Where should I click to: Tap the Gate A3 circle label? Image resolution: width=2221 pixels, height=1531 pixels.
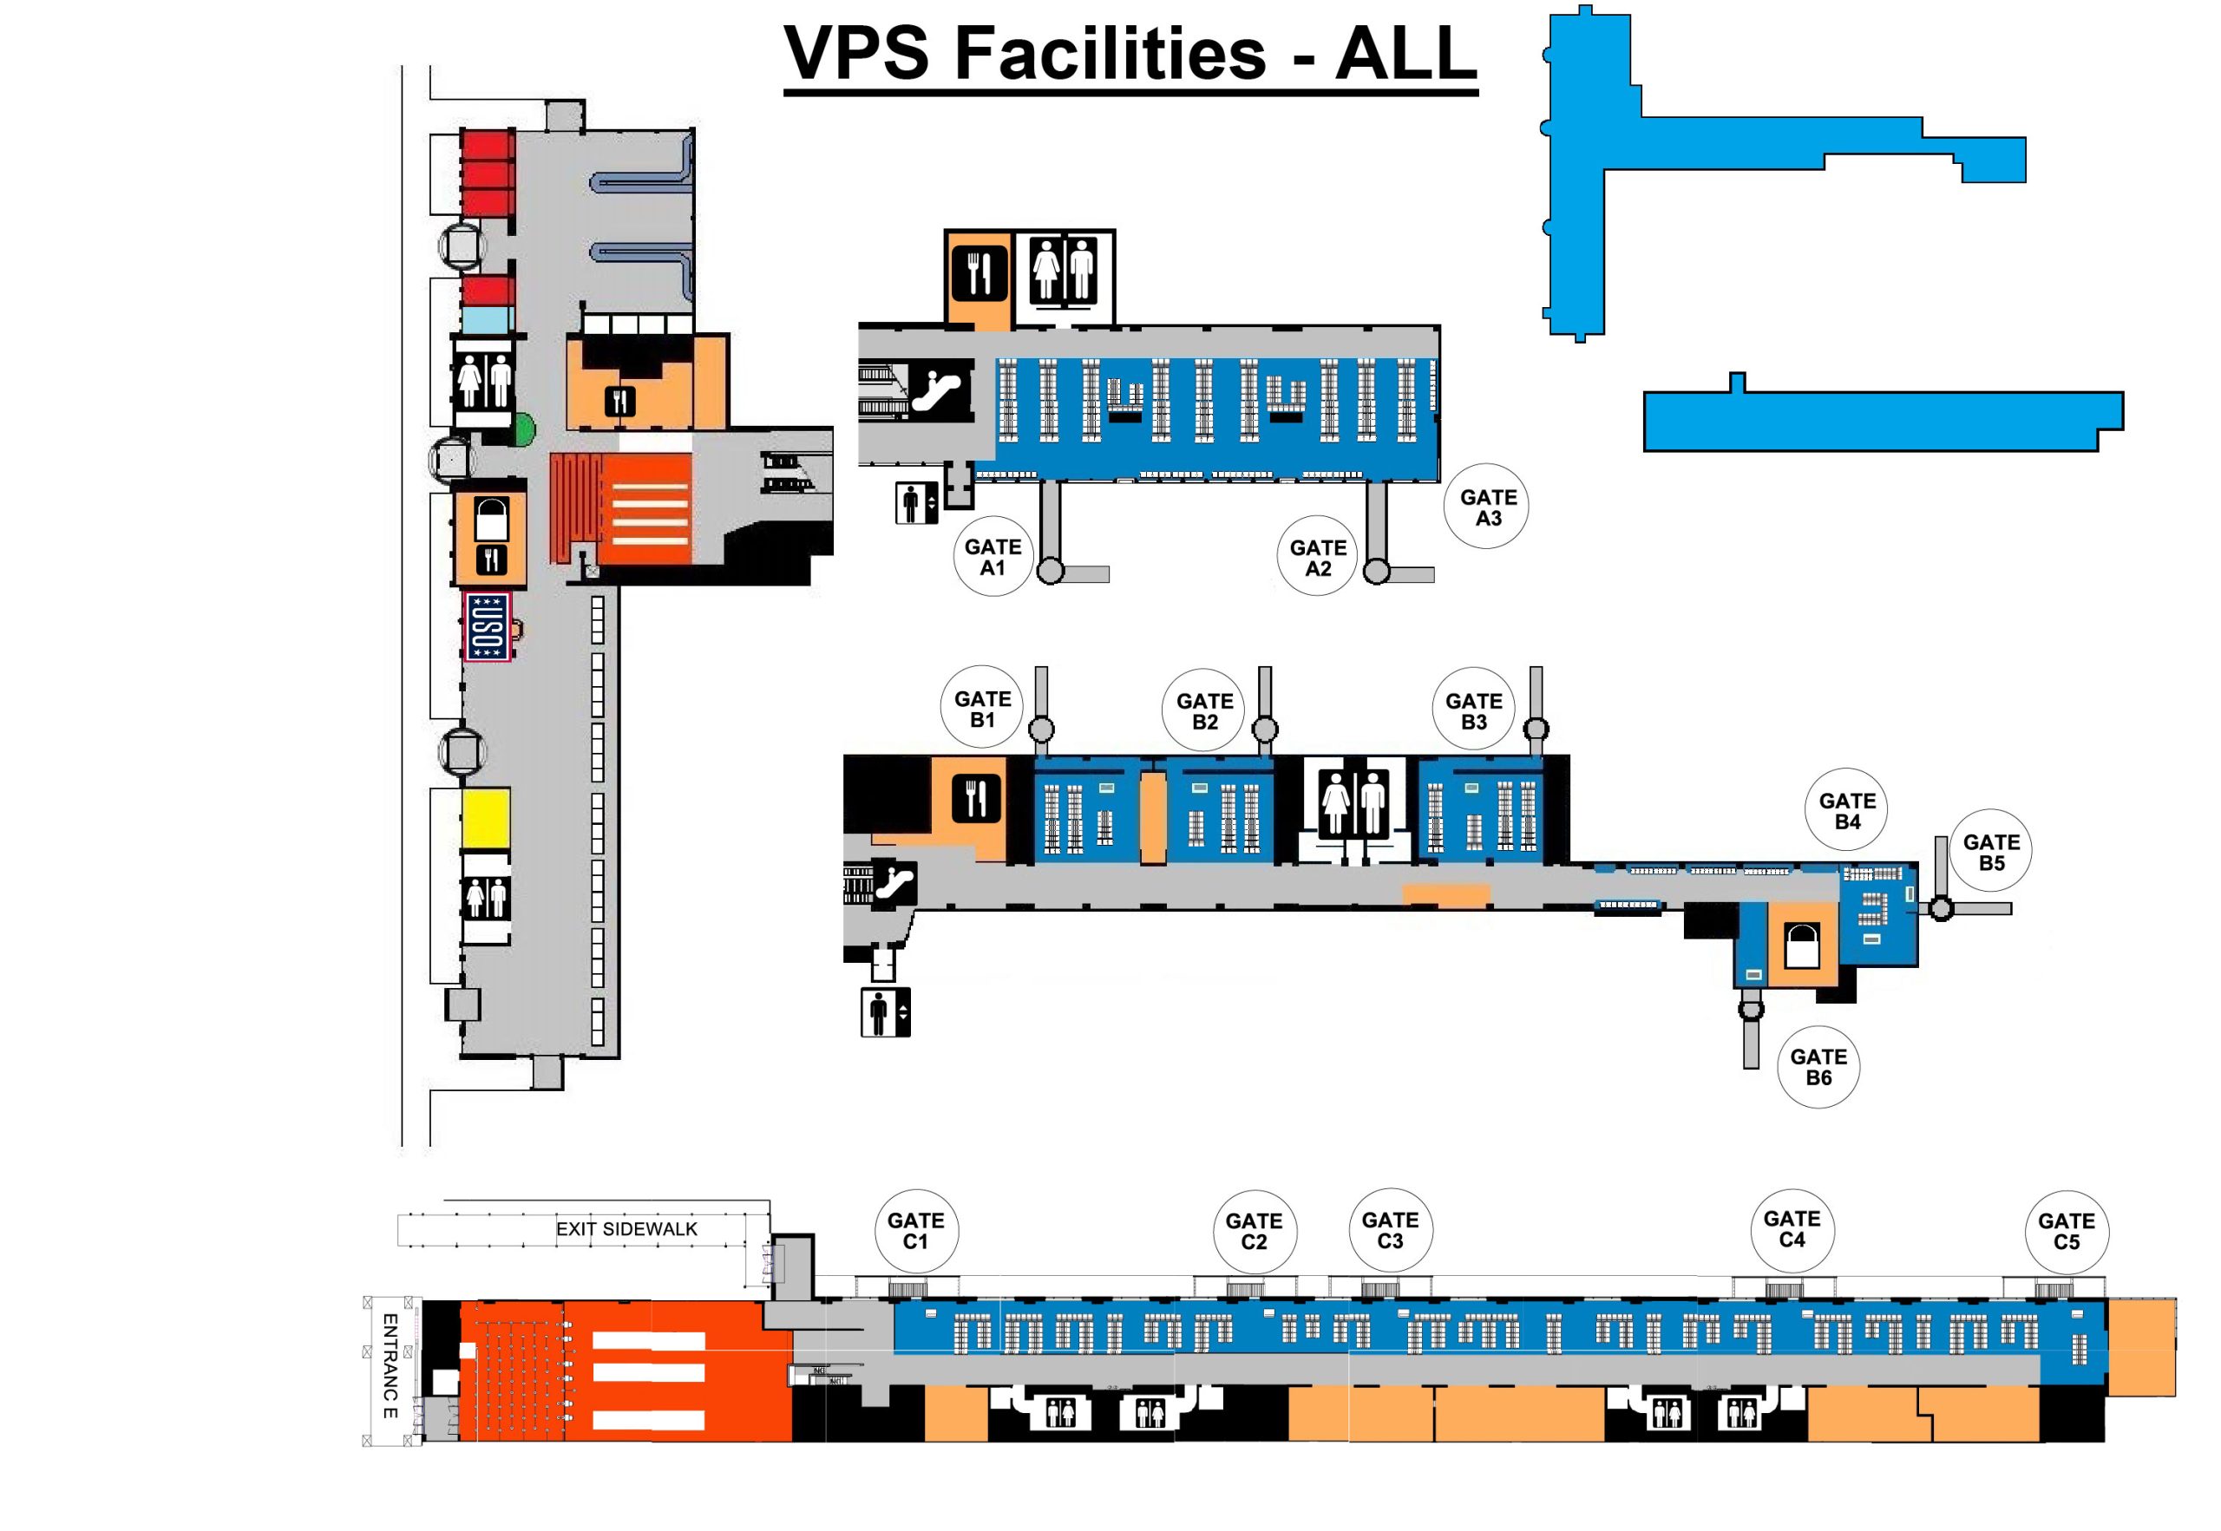point(1487,507)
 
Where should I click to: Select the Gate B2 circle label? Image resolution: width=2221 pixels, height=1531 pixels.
point(1204,710)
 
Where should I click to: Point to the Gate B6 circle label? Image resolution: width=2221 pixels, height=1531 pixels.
point(1818,1067)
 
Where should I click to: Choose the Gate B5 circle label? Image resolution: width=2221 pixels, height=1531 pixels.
point(1991,852)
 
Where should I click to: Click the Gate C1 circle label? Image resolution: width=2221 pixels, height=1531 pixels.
point(915,1231)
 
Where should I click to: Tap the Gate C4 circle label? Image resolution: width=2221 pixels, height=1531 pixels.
point(1792,1229)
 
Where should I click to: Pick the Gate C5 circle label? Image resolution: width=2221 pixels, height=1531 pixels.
point(2066,1231)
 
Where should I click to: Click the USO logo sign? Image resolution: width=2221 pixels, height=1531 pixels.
point(487,626)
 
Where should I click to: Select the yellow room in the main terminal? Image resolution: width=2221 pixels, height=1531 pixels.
point(486,818)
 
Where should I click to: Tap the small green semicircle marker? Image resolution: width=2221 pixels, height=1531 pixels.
point(525,429)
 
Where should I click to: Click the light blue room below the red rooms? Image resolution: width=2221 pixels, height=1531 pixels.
point(488,318)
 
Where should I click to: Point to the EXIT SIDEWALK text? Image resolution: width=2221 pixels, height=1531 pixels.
point(626,1229)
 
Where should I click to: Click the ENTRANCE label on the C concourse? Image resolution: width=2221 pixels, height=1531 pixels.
point(390,1366)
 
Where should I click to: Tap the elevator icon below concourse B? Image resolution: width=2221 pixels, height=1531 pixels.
point(886,1012)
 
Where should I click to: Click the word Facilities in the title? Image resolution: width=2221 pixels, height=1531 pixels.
point(1110,54)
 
